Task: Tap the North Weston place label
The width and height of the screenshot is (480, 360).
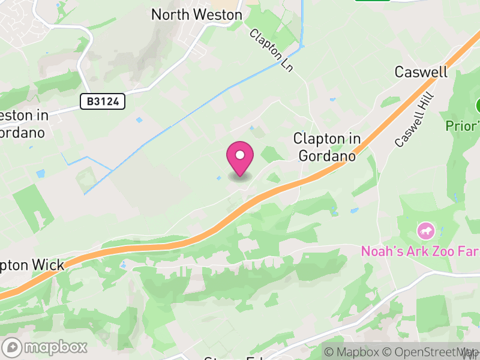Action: (x=197, y=14)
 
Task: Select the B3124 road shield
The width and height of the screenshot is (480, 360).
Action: (x=103, y=101)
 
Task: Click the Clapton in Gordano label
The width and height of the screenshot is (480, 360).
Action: (x=327, y=147)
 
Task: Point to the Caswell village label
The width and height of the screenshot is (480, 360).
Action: (x=421, y=72)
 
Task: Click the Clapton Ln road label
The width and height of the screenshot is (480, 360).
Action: (x=271, y=51)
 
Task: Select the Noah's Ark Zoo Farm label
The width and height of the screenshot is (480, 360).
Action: (x=420, y=251)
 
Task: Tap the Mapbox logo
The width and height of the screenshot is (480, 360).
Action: (x=46, y=347)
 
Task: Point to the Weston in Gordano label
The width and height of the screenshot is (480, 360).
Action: (x=24, y=123)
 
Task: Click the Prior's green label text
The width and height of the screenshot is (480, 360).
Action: (x=463, y=127)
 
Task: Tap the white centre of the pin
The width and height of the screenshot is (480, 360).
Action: (x=240, y=155)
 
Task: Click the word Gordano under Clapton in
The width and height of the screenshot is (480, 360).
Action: (x=327, y=155)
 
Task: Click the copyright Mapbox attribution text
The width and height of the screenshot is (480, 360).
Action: (x=353, y=352)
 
